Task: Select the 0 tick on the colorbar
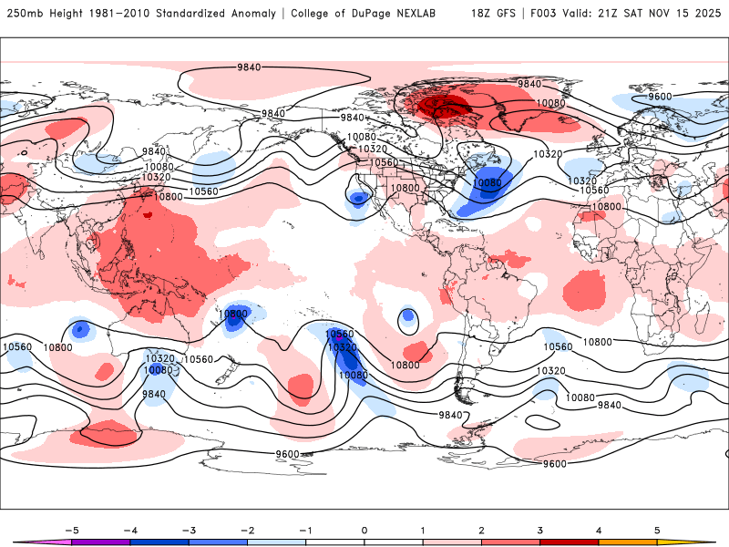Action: coord(364,529)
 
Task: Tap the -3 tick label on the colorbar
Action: coord(189,529)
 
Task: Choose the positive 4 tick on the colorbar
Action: coord(599,529)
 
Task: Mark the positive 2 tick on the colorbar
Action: coord(482,529)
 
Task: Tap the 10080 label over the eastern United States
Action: coord(488,183)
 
